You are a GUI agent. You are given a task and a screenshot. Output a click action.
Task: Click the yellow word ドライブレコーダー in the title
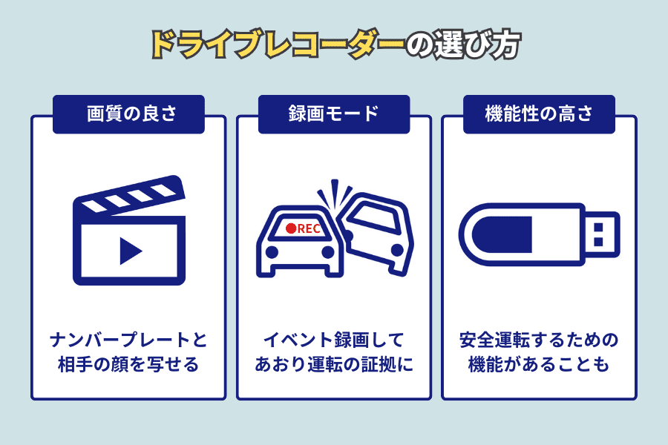coord(278,44)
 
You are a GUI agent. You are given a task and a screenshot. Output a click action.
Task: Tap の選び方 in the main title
coord(462,44)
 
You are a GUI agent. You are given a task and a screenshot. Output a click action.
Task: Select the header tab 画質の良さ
coord(128,114)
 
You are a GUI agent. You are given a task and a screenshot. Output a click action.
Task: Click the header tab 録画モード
coord(334,114)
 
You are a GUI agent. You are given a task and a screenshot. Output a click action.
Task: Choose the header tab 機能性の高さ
coord(539,114)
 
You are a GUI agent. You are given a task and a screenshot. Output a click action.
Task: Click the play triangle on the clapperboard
coord(131,251)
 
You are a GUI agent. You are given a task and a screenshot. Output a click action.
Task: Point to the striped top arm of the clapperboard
coord(129,194)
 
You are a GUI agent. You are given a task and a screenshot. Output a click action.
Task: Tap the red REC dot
coord(291,228)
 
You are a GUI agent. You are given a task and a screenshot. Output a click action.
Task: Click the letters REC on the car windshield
coord(309,228)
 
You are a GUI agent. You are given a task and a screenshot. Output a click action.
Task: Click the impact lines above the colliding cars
coord(335,193)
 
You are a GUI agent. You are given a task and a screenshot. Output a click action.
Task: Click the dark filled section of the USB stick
coord(502,234)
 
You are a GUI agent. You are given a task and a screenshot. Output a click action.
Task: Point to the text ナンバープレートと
coord(128,340)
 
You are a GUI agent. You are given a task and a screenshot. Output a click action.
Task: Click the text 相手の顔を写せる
coord(128,364)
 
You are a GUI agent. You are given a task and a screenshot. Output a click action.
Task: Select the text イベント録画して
coord(334,340)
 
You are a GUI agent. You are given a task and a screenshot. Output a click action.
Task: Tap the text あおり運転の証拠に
coord(334,364)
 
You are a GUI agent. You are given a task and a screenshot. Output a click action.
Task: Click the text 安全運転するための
coord(539,340)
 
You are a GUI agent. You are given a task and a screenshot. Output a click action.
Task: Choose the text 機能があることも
coord(539,364)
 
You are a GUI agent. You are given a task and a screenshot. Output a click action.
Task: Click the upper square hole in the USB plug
coord(598,226)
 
